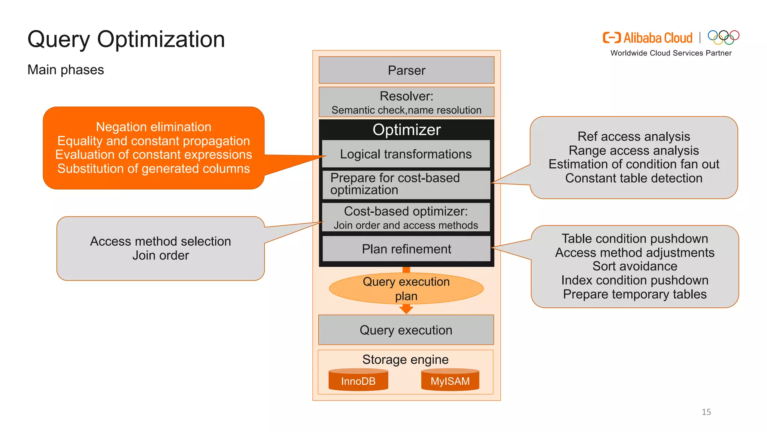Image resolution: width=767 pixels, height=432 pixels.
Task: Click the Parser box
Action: tap(406, 70)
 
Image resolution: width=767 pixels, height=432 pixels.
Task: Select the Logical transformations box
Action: tap(406, 154)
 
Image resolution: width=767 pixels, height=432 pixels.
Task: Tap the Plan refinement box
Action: tap(406, 249)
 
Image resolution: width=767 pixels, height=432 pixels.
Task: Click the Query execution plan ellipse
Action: tap(406, 288)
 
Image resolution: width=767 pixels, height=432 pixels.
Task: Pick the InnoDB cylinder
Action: tap(358, 381)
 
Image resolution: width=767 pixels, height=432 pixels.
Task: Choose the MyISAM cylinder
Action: tap(450, 381)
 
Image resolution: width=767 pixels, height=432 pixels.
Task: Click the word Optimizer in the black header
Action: tap(406, 130)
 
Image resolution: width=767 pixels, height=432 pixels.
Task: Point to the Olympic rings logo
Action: tap(723, 37)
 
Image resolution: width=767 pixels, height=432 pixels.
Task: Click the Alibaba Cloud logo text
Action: tap(658, 38)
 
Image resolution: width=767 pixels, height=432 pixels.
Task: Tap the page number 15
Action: tap(706, 412)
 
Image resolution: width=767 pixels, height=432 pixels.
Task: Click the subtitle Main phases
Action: tap(66, 70)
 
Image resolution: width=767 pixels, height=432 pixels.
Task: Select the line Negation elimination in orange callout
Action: tap(154, 127)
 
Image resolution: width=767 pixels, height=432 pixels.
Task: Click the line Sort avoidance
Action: tap(635, 266)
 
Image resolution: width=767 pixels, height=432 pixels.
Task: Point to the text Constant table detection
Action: tap(634, 178)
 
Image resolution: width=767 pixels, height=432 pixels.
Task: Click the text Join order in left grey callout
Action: tap(161, 255)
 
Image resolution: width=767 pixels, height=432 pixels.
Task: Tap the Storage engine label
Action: tap(405, 359)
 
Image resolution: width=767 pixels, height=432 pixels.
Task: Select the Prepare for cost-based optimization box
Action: tap(406, 184)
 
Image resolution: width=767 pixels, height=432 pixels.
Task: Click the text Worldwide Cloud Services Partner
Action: tap(671, 53)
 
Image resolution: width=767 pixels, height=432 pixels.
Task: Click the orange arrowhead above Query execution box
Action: tap(406, 309)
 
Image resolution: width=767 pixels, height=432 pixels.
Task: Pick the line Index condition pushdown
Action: tap(635, 280)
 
